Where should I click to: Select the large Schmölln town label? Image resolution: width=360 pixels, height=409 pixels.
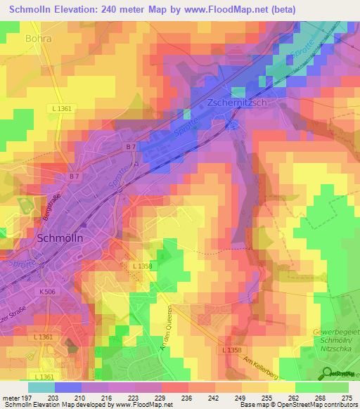coord(60,238)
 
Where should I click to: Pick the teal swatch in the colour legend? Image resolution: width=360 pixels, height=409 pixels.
coord(41,387)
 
